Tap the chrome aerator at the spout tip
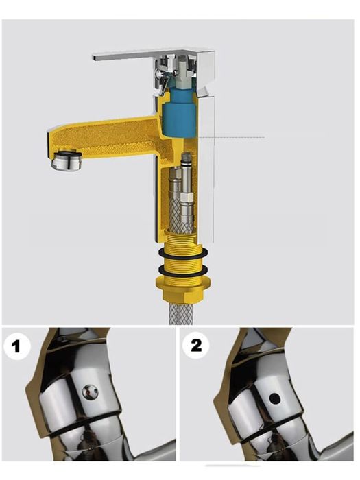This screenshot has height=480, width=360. click(67, 160)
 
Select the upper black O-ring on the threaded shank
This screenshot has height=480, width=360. click(183, 253)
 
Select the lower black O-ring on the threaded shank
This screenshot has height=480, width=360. click(183, 270)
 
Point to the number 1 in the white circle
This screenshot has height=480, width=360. click(16, 346)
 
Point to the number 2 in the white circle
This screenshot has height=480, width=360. click(196, 345)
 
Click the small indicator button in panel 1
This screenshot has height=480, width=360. click(90, 392)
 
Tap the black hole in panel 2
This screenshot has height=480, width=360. click(274, 398)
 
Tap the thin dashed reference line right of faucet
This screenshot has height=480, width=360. click(232, 137)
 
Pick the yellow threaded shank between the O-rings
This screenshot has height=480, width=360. click(183, 262)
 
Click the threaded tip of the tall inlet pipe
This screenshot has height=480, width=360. click(186, 158)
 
